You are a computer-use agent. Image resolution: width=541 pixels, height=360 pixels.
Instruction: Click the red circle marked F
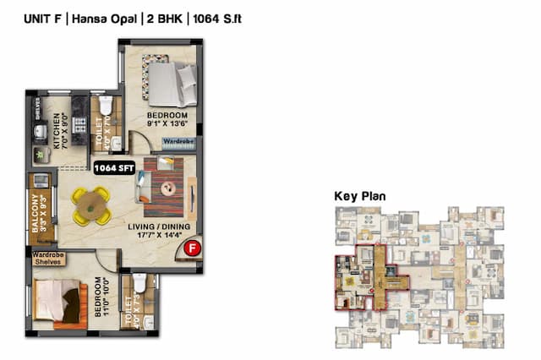(193, 248)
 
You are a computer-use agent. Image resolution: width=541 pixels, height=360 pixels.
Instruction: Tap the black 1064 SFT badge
(114, 167)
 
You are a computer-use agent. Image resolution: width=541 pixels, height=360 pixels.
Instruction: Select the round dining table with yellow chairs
(90, 205)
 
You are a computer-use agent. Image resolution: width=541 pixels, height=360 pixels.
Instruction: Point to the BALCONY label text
(36, 213)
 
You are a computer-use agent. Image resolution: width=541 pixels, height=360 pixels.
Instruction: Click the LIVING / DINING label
(158, 226)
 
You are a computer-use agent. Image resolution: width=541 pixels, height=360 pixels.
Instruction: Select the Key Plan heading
(360, 196)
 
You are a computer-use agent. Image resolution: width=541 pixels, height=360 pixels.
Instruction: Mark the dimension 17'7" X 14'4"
(158, 237)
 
